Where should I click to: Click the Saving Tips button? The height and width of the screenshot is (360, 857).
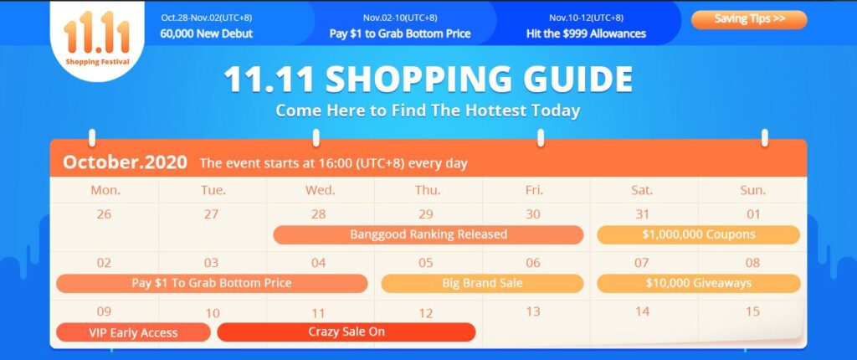click(749, 20)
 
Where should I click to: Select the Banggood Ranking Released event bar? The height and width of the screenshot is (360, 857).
click(428, 234)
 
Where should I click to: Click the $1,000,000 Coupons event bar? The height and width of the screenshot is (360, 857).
click(699, 234)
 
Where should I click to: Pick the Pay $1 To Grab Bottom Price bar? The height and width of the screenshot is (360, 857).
click(212, 284)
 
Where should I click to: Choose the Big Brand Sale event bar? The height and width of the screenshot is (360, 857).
click(482, 284)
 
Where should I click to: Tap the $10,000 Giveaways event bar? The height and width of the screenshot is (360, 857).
click(699, 284)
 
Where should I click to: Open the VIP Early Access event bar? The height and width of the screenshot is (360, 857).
click(133, 332)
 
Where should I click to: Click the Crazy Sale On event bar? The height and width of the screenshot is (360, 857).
click(346, 332)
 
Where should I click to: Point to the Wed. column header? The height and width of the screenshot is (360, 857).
click(320, 190)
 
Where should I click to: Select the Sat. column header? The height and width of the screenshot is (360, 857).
click(642, 190)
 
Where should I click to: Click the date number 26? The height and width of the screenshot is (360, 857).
click(103, 214)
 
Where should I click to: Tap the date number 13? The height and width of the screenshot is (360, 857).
click(533, 311)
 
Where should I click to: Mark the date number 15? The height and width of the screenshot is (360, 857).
click(752, 311)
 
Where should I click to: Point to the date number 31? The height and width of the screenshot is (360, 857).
click(642, 214)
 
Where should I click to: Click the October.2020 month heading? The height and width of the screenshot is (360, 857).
click(125, 162)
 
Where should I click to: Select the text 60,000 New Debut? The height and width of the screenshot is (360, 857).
click(207, 33)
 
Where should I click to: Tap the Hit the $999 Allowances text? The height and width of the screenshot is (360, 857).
click(586, 33)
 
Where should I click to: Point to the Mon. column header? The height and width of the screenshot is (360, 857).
click(105, 190)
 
